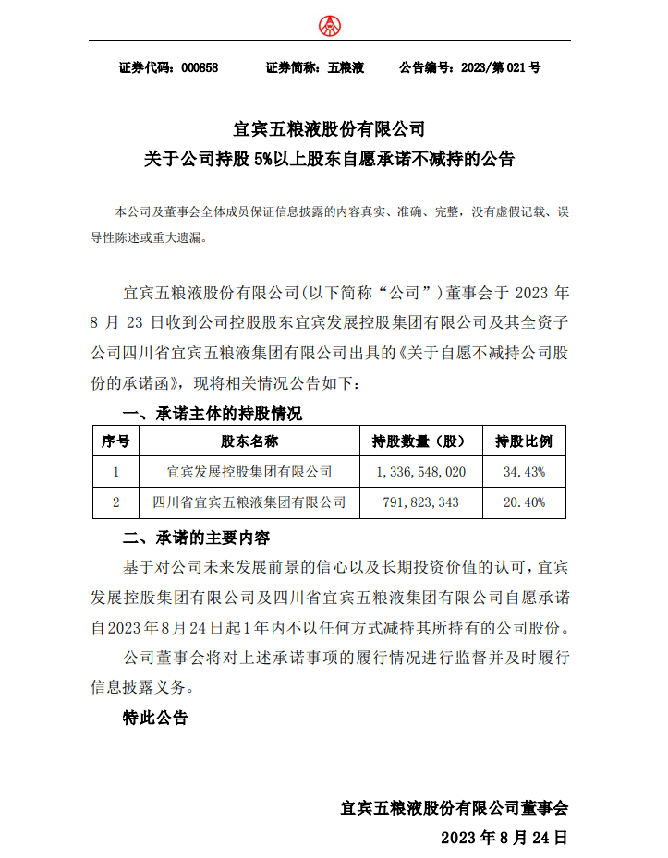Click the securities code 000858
click(200, 68)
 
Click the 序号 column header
click(115, 441)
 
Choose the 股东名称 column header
click(249, 441)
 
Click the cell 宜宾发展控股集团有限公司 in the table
click(249, 472)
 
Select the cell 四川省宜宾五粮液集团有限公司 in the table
click(249, 502)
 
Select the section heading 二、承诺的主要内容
click(197, 538)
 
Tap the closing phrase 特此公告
click(155, 717)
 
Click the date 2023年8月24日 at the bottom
click(504, 839)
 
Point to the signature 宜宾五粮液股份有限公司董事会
click(454, 807)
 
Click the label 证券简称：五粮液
click(315, 68)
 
